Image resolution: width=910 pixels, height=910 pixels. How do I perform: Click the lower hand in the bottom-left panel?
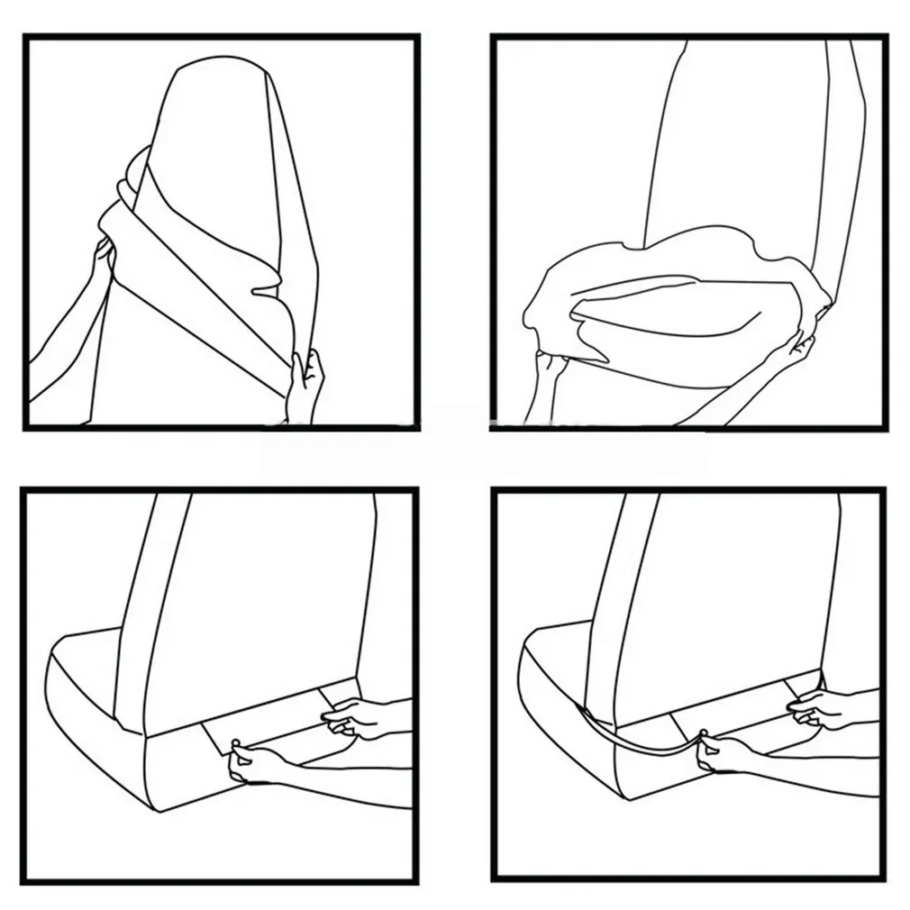[x=248, y=763]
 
